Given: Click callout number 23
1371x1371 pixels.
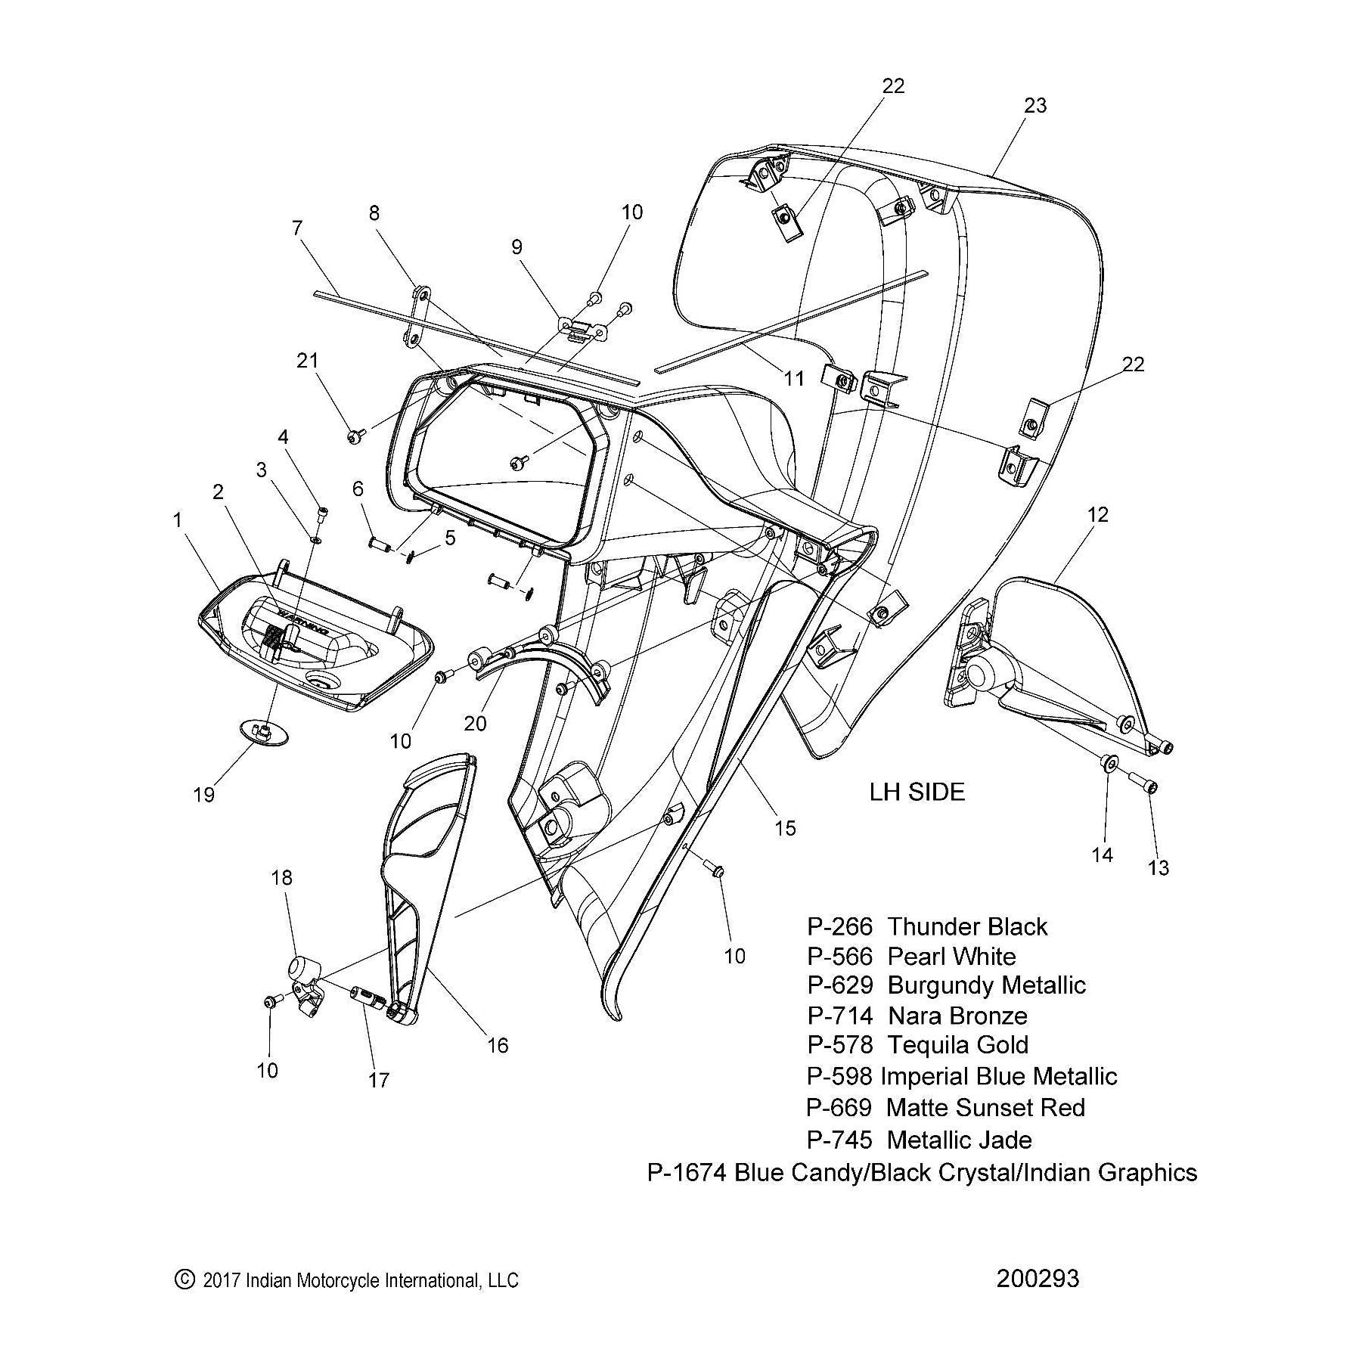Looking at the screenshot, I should tap(1034, 106).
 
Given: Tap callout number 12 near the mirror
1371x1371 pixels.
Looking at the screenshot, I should tap(1097, 515).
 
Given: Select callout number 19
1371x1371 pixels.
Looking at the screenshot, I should tap(204, 795).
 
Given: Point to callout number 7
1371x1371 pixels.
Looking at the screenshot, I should tap(296, 227).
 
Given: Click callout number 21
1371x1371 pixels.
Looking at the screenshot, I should tap(308, 361).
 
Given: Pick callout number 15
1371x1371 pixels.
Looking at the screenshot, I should tap(786, 828).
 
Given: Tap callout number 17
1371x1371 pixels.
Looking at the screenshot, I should tap(378, 1080).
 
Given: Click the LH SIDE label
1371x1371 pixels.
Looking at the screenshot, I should tap(917, 793).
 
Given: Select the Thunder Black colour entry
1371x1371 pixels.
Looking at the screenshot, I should tap(967, 927).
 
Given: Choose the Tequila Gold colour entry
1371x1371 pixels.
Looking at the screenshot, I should tap(957, 1045).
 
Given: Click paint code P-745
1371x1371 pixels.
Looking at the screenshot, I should tap(839, 1140).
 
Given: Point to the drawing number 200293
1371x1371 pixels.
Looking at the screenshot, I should tap(1038, 1278).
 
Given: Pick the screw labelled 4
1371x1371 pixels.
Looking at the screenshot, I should tap(324, 513).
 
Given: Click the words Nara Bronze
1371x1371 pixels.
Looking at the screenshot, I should tap(957, 1016).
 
